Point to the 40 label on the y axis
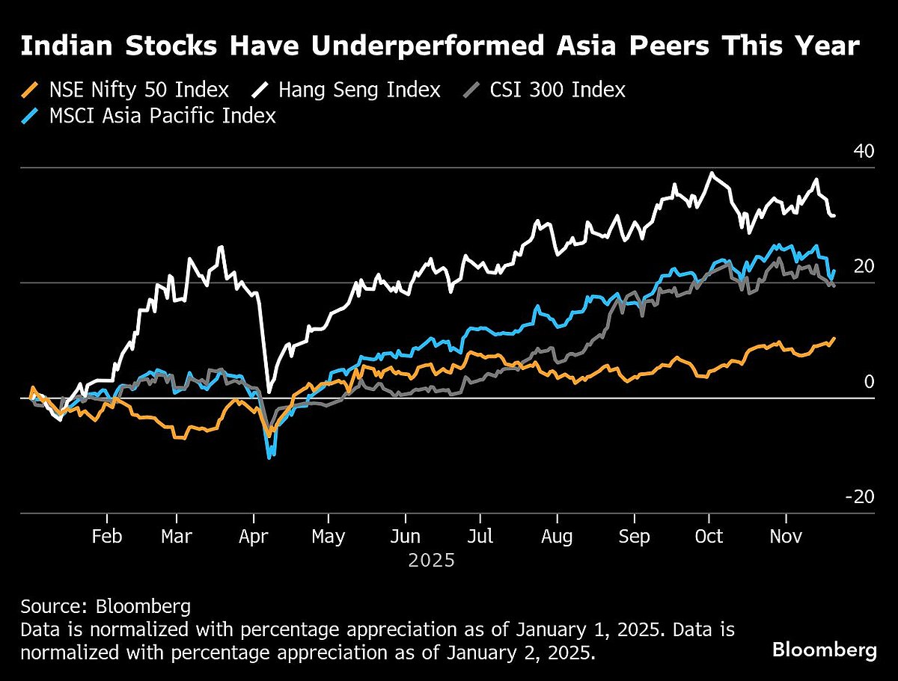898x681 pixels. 864,151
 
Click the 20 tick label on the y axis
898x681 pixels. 864,266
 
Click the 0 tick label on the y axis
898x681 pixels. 869,382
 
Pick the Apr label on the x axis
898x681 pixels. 254,537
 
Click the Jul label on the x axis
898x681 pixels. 480,537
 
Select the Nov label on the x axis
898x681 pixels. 786,537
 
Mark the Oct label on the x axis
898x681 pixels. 709,537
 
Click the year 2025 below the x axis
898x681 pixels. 431,560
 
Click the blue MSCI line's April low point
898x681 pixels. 269,456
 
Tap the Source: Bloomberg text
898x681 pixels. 106,605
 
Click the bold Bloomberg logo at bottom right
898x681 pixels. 824,650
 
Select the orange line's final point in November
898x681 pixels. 834,339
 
